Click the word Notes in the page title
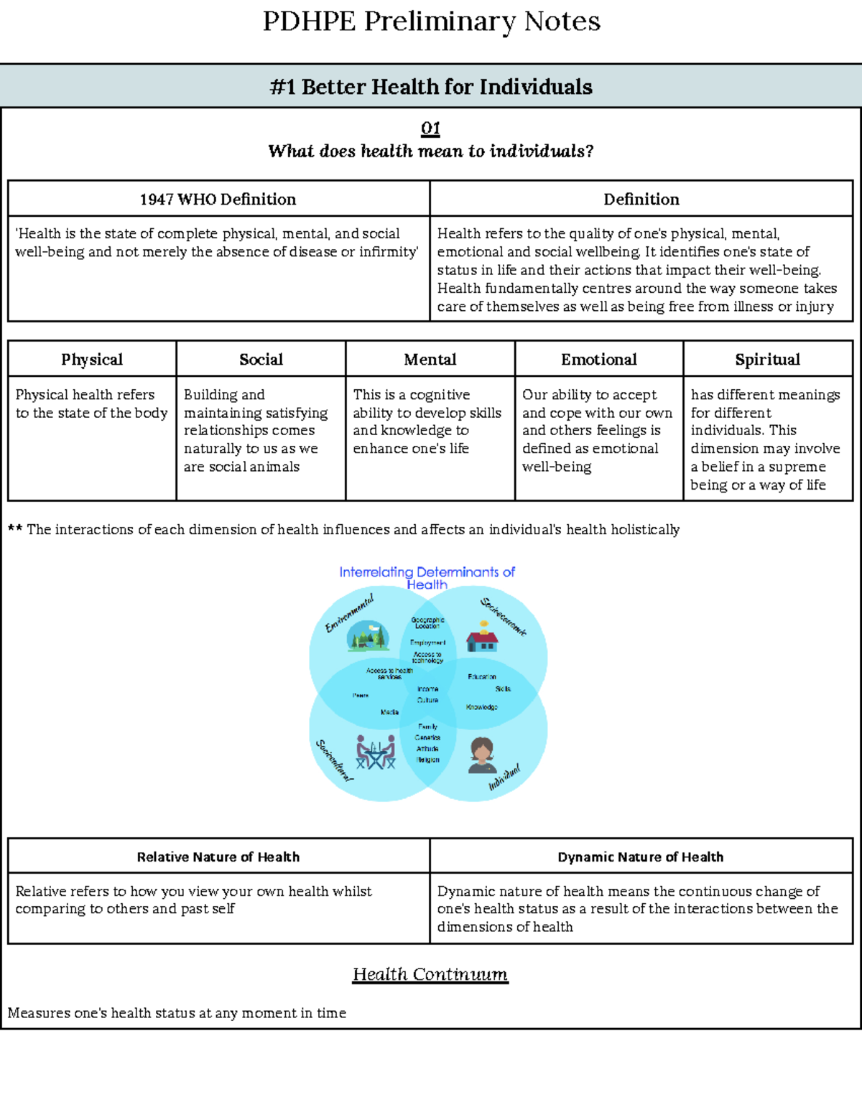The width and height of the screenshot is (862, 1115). (x=562, y=22)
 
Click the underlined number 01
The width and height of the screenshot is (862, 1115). (x=430, y=129)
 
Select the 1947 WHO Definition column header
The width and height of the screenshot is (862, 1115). (x=218, y=199)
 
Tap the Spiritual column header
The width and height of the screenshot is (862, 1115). (x=767, y=359)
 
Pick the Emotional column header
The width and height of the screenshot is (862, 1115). (x=598, y=359)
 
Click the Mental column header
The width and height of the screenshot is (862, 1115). (x=430, y=359)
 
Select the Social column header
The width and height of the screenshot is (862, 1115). (x=261, y=359)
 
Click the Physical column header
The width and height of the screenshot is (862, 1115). (x=92, y=359)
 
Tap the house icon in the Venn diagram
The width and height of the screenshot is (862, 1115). (x=482, y=637)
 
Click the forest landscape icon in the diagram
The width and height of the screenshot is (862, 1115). (x=368, y=636)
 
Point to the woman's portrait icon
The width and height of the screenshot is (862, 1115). (x=481, y=755)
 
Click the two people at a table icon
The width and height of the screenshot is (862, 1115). (x=376, y=752)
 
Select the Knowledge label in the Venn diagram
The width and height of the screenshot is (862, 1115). (x=481, y=707)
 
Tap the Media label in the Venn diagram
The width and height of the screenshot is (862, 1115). (x=389, y=712)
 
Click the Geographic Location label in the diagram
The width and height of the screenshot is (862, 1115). (x=427, y=622)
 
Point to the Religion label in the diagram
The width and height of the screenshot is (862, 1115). (x=427, y=760)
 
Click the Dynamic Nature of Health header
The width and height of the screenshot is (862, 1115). (x=640, y=857)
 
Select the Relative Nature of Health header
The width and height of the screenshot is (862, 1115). (x=218, y=857)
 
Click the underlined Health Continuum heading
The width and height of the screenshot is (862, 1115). (x=430, y=974)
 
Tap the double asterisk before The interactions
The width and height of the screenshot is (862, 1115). (x=15, y=529)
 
